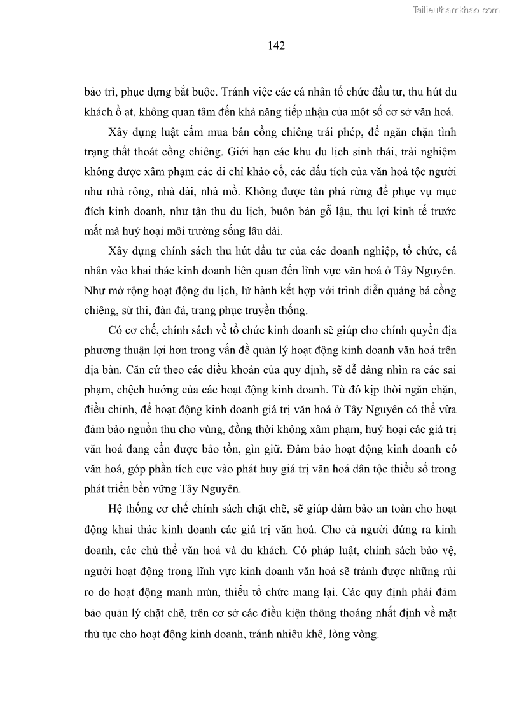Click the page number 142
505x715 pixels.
[276, 45]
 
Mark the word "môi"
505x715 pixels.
[183, 232]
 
